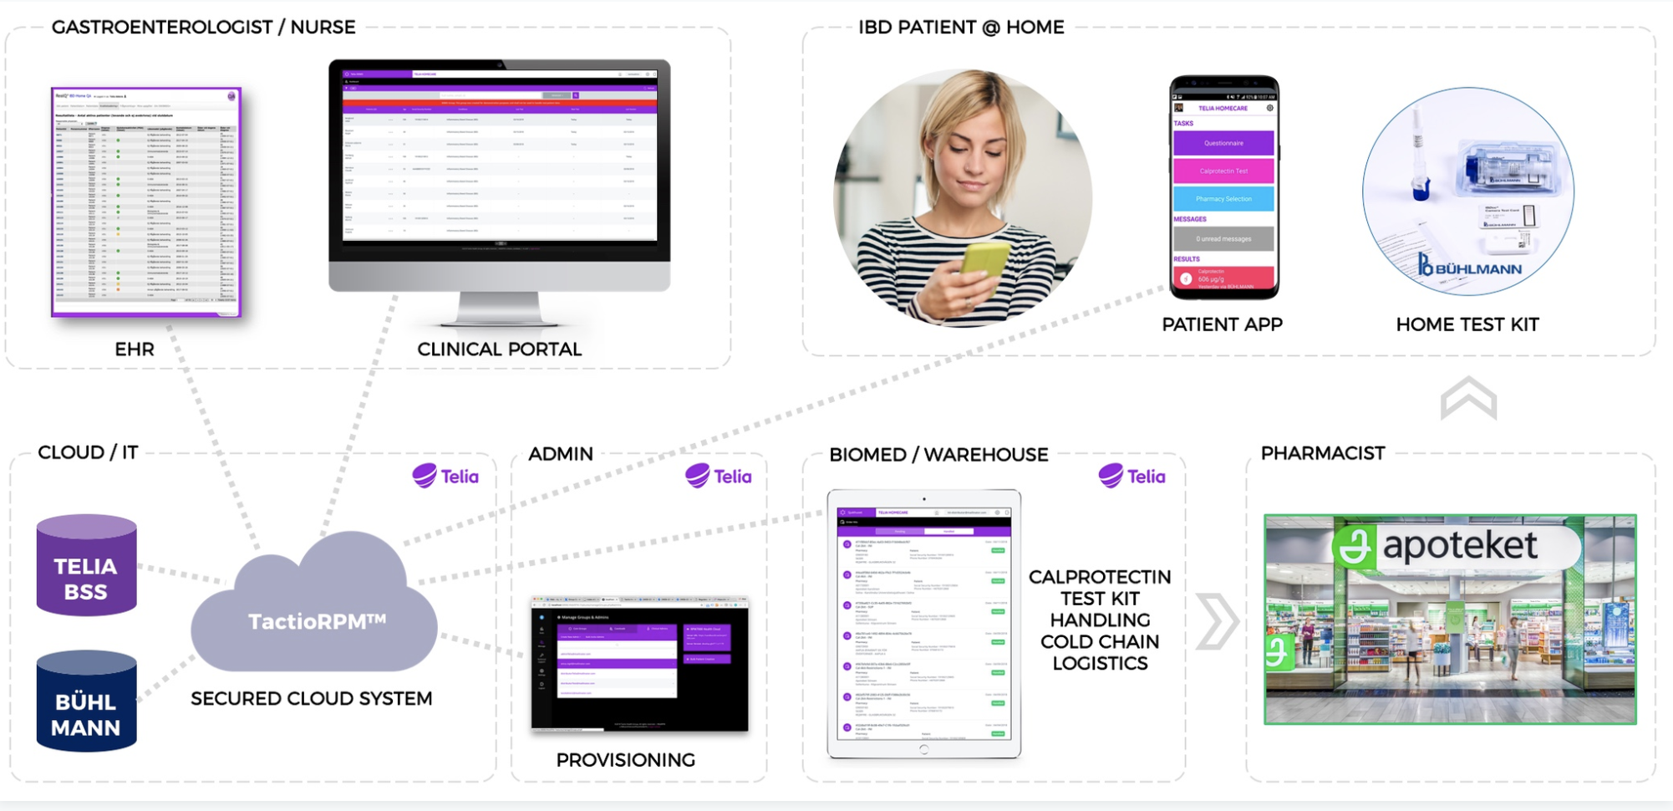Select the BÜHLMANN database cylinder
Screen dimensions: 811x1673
pos(86,702)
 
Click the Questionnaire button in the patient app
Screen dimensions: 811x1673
pos(1223,143)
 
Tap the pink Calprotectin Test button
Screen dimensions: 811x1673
pos(1223,171)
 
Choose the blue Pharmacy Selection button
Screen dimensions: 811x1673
pos(1223,199)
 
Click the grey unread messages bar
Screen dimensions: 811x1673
pos(1223,238)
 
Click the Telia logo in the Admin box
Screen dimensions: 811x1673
pos(719,476)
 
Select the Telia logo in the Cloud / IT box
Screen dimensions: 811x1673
pos(445,476)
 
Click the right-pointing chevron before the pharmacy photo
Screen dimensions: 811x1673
pos(1217,621)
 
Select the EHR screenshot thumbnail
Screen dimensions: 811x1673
pos(146,201)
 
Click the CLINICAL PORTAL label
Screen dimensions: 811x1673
pos(499,349)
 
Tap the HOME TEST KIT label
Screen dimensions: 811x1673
pos(1467,324)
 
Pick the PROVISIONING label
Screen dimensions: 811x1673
pos(625,760)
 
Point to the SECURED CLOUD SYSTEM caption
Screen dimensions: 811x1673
pos(312,699)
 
